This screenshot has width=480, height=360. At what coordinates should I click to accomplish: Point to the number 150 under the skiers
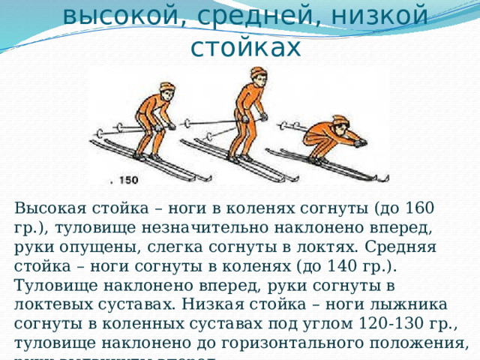pos(128,180)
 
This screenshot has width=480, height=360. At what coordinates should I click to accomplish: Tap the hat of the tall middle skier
pos(258,73)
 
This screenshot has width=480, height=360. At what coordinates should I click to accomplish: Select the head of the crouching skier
pos(340,124)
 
